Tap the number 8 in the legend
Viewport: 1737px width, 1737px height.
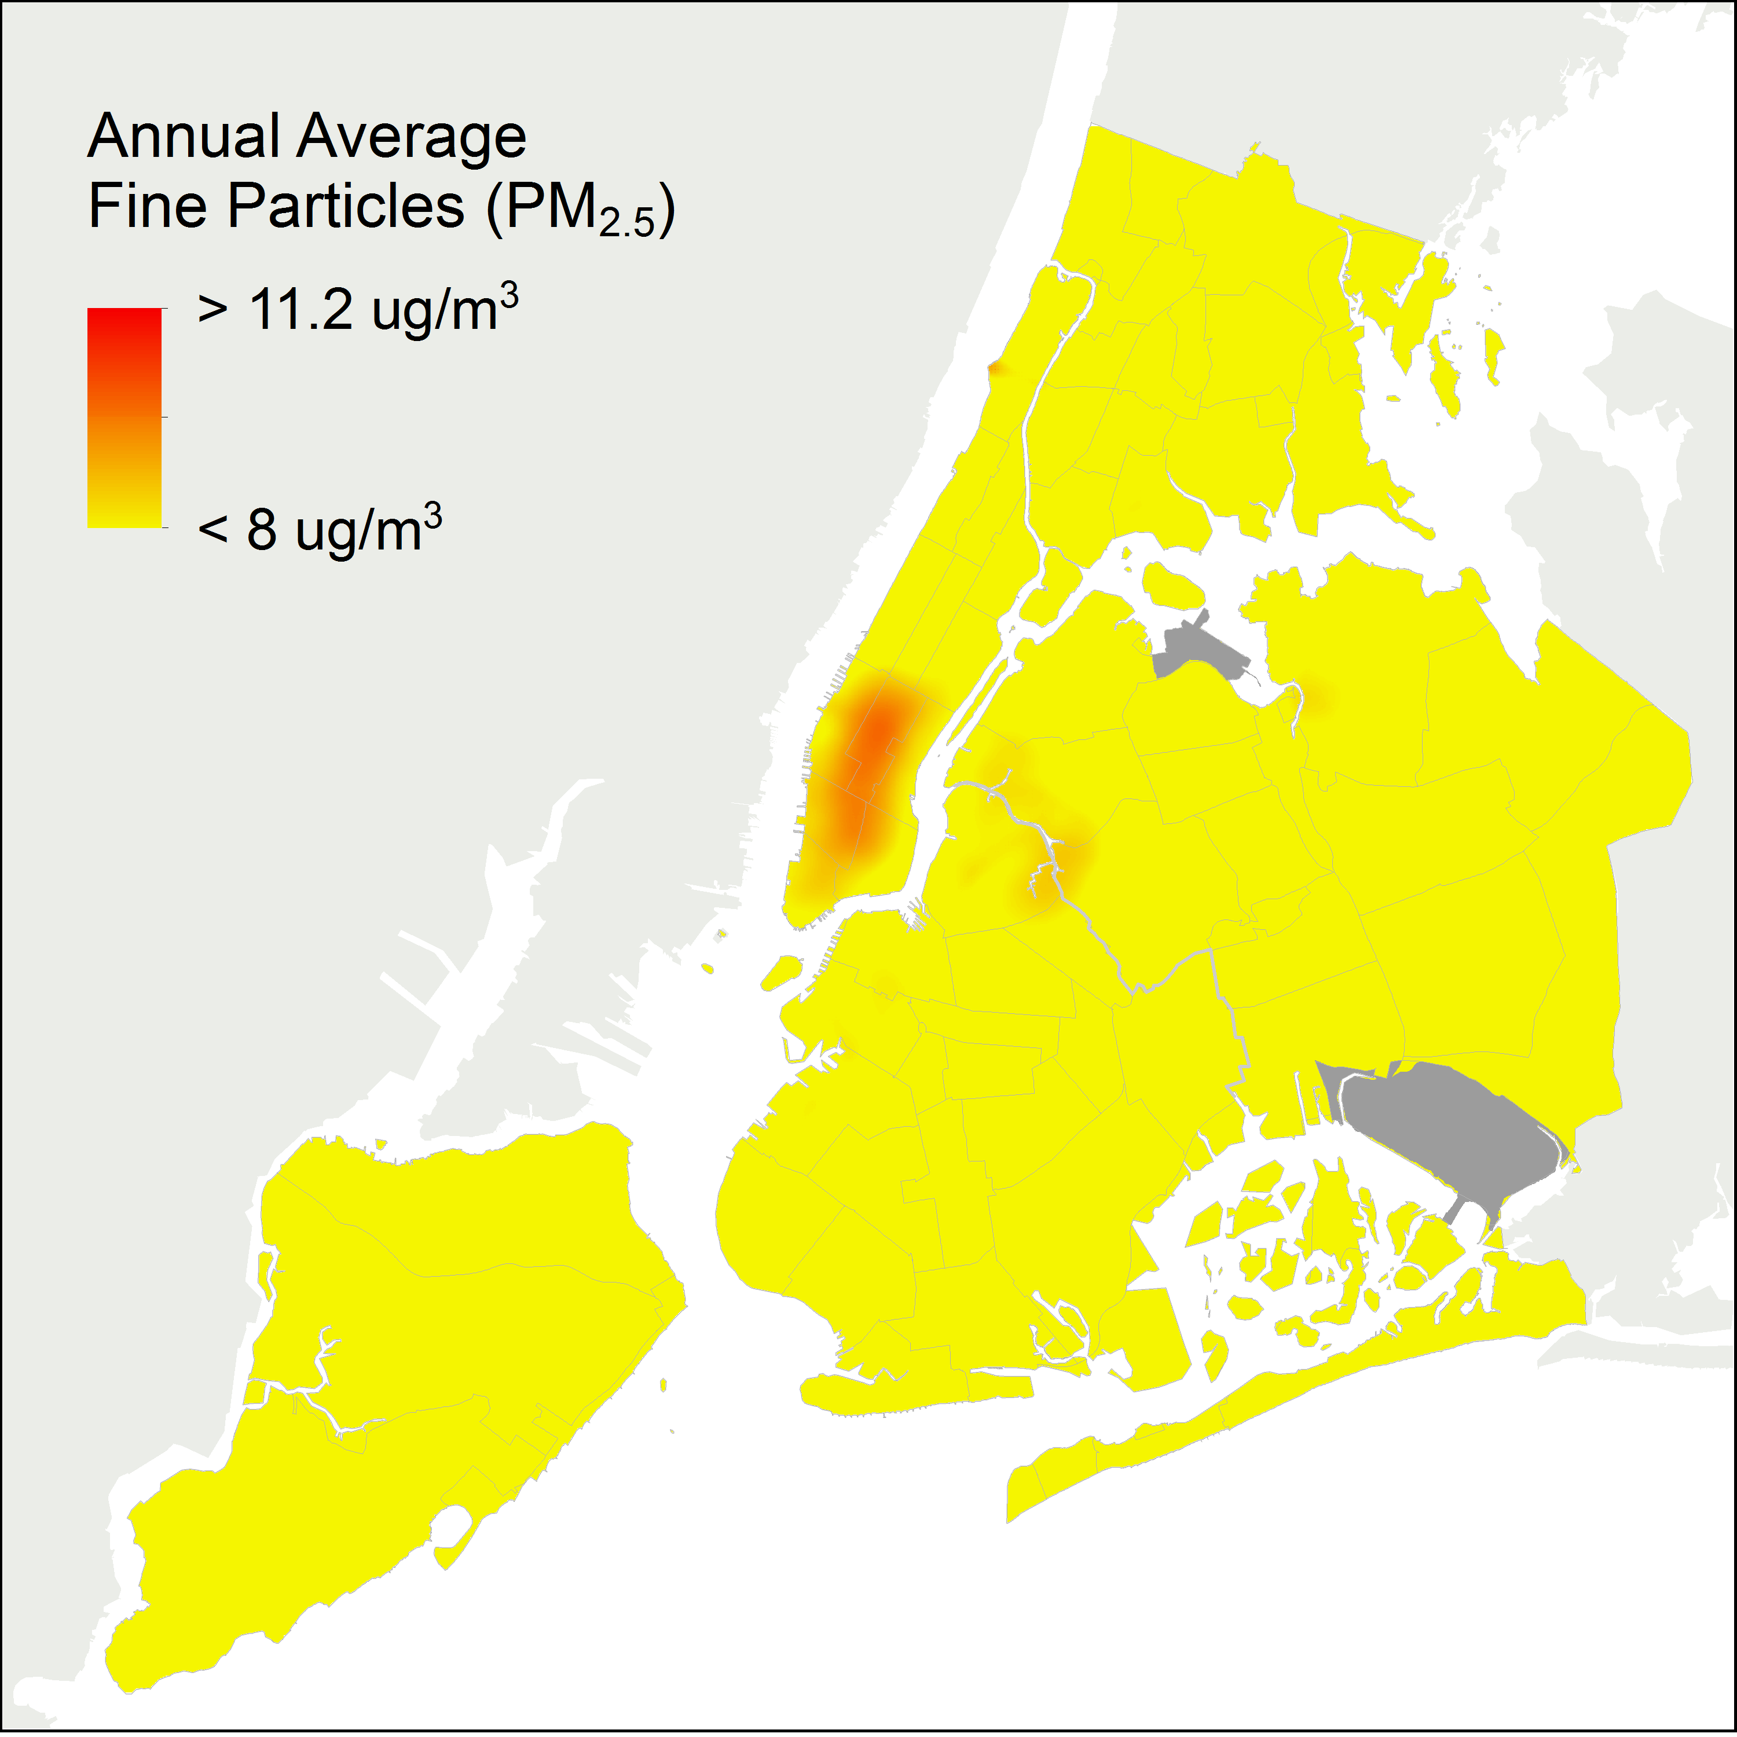click(x=262, y=530)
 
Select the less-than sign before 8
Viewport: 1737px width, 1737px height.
click(x=213, y=530)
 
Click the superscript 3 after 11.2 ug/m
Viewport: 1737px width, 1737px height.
click(x=509, y=296)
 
